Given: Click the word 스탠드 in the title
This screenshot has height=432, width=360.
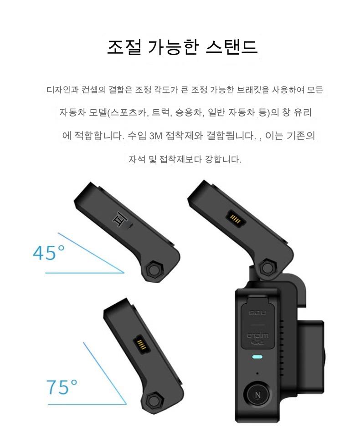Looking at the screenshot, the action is (x=231, y=47).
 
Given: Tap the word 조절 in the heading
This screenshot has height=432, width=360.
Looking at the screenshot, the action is (x=124, y=47).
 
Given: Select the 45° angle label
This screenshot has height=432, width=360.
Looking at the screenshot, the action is (x=49, y=253).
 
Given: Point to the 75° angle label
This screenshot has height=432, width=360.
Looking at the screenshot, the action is (x=62, y=386).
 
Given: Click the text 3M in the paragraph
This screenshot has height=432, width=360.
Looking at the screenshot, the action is (x=155, y=136).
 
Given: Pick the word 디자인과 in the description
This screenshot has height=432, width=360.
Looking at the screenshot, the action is (x=62, y=90).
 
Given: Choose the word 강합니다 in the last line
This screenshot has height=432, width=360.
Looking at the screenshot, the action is (x=223, y=159).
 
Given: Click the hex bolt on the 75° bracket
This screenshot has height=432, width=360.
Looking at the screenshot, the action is (x=153, y=400).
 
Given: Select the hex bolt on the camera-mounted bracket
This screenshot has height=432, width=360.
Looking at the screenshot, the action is (x=267, y=266).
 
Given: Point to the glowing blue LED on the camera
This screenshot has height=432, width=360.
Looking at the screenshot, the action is (x=257, y=357).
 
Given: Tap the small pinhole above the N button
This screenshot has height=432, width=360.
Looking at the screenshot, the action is (x=257, y=373).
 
